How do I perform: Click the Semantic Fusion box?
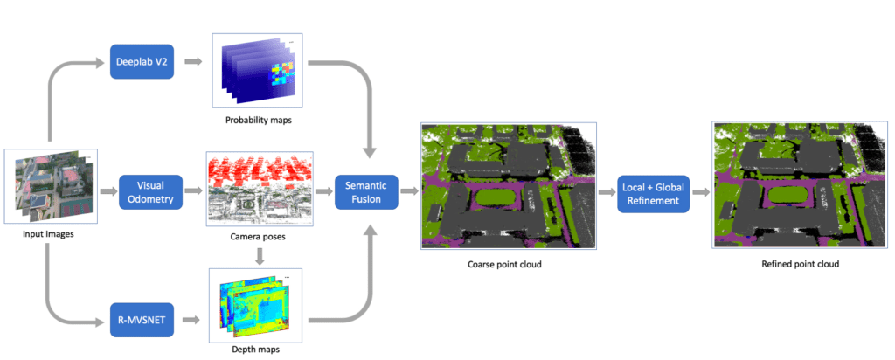click(x=366, y=191)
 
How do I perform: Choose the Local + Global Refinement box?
click(x=654, y=192)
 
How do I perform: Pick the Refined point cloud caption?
click(x=799, y=265)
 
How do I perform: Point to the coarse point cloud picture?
click(x=508, y=186)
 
